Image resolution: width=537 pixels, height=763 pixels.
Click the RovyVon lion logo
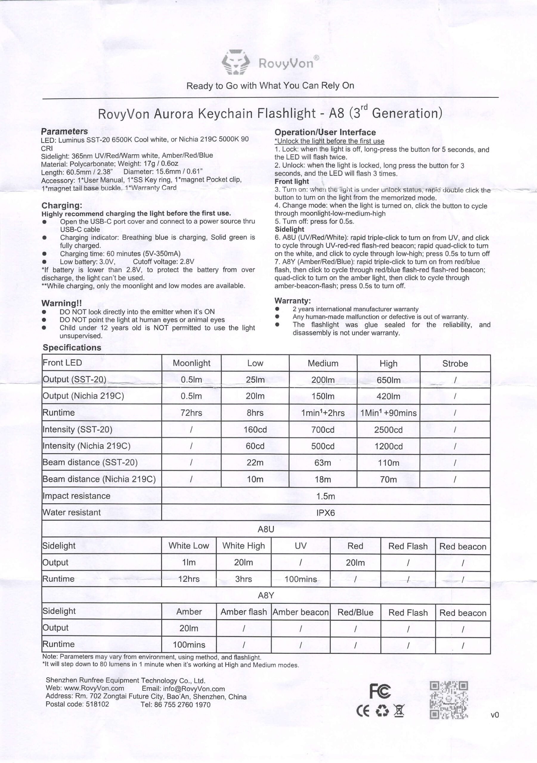tap(236, 62)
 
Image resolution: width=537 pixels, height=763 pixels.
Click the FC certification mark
tap(380, 691)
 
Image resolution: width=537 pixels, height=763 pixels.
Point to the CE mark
tap(363, 711)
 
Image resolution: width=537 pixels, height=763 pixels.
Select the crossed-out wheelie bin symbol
tap(399, 711)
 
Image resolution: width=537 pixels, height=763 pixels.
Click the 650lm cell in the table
tap(389, 380)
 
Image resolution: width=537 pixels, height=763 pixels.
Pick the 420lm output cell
tap(389, 396)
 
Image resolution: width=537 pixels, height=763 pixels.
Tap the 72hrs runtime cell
tap(191, 413)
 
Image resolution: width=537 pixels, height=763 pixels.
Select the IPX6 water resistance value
tap(326, 513)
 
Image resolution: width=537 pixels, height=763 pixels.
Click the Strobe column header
tap(455, 364)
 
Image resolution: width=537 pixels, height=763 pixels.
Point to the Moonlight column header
tap(191, 363)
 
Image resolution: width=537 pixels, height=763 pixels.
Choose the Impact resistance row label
tap(76, 496)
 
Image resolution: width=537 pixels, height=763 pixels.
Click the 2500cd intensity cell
tap(389, 430)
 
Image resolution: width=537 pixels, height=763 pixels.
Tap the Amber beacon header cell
tap(301, 612)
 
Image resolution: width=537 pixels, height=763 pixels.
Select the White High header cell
tap(243, 546)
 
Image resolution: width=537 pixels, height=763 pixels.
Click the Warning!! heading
tap(61, 303)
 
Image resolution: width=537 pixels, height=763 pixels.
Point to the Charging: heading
tap(62, 205)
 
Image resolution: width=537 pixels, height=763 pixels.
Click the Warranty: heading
tap(293, 301)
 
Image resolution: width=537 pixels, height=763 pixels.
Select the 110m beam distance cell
tap(389, 463)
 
